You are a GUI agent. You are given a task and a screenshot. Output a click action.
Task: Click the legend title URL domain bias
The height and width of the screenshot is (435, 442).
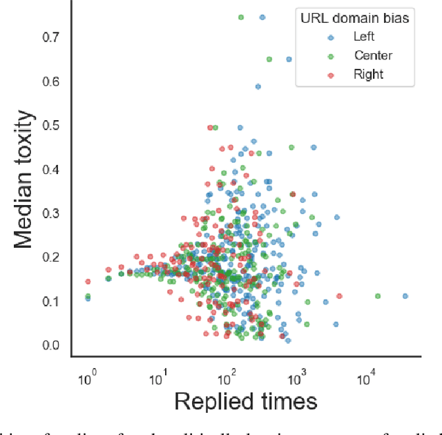355,18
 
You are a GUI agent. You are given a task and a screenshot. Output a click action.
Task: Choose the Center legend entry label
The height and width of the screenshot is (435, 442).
373,55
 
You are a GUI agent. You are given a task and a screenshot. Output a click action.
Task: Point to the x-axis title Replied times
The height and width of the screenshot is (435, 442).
245,402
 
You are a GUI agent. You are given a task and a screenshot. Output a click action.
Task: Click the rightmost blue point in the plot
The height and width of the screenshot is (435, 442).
405,296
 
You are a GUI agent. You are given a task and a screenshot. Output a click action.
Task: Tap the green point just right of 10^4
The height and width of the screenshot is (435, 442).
378,296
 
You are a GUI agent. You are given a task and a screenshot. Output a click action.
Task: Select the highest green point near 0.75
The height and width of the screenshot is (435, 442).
241,17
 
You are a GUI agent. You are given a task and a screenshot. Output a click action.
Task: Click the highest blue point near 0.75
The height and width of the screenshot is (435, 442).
262,17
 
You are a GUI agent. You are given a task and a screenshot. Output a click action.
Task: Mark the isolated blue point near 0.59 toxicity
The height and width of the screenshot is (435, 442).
258,87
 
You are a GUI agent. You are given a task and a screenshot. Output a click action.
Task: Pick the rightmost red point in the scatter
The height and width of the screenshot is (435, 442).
339,296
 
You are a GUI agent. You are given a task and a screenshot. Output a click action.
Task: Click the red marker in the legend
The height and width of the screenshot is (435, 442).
331,74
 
